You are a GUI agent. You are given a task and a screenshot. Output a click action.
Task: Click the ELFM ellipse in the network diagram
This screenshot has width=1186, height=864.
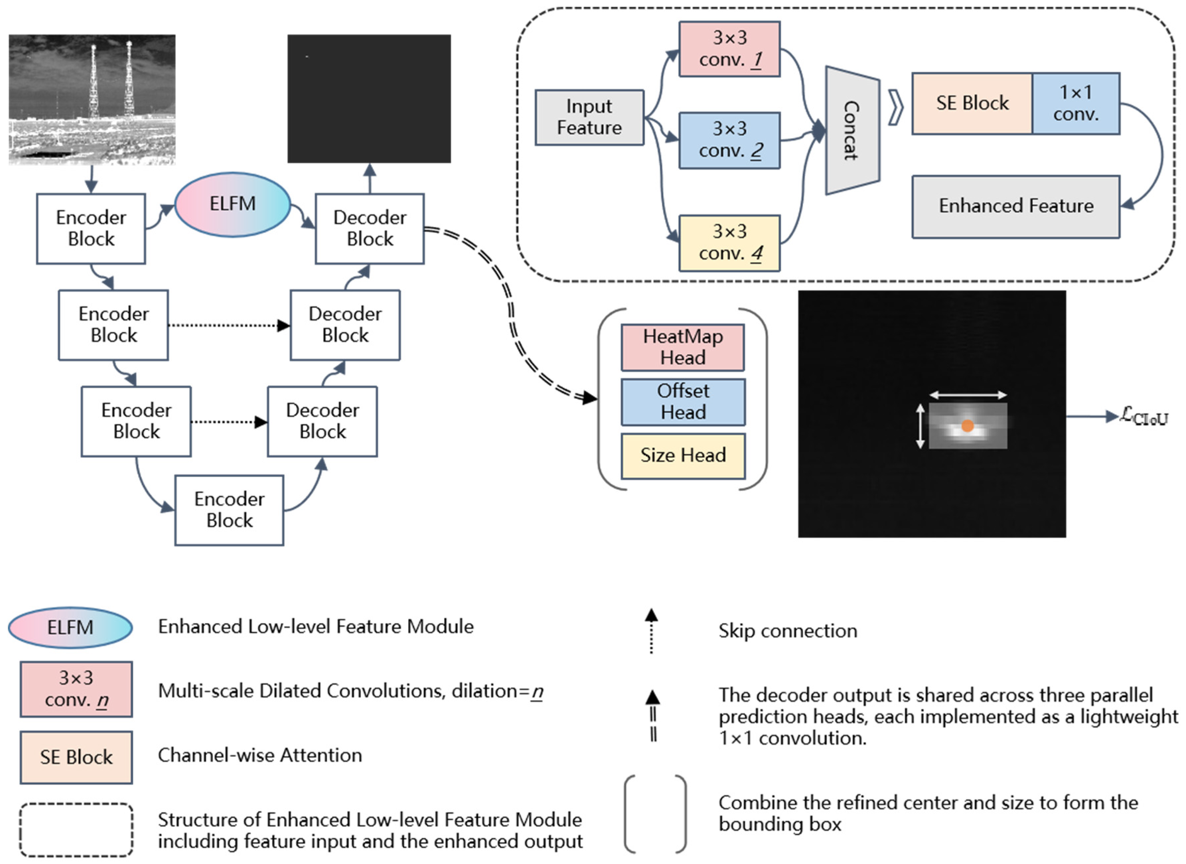(232, 204)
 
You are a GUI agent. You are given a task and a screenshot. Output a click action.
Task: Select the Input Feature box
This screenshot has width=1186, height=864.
(589, 117)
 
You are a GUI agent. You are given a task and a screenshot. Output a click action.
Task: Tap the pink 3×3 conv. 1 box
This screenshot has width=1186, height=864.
(729, 49)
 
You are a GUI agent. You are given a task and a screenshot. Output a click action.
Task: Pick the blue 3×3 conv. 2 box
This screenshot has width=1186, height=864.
(729, 140)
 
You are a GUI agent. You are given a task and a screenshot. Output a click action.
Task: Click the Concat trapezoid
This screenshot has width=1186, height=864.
(852, 130)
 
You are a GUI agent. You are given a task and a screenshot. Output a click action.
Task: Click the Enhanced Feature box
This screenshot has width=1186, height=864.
(1016, 207)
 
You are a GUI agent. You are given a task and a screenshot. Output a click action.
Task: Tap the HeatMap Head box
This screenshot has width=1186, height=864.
(683, 347)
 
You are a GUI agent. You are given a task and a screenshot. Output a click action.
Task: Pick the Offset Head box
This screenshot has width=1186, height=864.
(683, 402)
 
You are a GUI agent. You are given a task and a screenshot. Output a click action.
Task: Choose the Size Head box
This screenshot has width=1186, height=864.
(683, 456)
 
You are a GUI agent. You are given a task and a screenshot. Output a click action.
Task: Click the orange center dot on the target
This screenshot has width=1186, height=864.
(967, 426)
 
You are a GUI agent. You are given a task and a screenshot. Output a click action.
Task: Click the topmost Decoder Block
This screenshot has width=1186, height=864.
(370, 229)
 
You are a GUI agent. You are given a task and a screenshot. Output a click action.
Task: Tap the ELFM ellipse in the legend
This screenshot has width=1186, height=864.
(70, 628)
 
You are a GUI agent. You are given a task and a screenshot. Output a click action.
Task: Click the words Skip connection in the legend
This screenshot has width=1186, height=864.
(787, 631)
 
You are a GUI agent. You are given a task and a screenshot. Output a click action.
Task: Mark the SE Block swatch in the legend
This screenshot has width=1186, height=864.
(76, 757)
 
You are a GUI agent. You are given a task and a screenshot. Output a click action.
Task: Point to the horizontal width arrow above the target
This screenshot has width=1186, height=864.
(968, 395)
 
